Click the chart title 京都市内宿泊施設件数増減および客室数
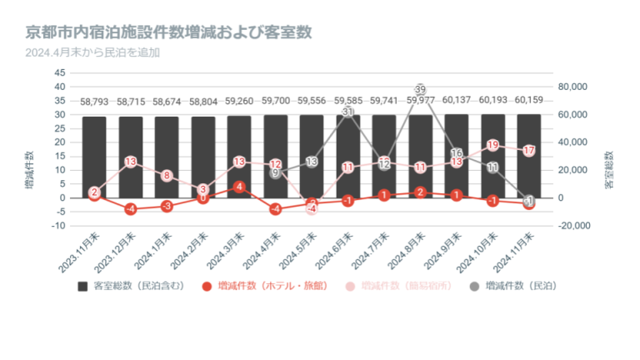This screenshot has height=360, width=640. click(168, 33)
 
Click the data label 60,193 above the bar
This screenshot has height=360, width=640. click(492, 101)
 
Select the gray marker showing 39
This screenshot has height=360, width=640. click(420, 90)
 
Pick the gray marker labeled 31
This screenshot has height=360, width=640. click(348, 112)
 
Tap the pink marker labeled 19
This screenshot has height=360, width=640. click(492, 145)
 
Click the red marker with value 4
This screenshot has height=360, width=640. click(239, 187)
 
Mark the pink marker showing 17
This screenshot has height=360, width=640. click(528, 151)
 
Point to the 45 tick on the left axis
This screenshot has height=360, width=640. click(59, 73)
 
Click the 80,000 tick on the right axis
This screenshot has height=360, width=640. click(574, 87)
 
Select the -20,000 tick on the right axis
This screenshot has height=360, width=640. click(573, 226)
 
